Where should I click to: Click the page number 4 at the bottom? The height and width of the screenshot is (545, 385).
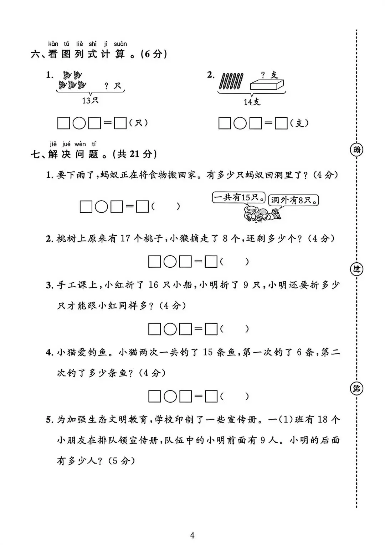click(192, 535)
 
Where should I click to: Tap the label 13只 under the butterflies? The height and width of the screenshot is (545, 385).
click(90, 101)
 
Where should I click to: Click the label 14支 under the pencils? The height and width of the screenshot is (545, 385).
click(252, 102)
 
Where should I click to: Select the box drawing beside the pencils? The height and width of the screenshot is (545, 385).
click(267, 85)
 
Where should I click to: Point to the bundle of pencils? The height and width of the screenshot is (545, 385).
click(232, 81)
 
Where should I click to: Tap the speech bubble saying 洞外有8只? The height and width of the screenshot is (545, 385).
click(294, 200)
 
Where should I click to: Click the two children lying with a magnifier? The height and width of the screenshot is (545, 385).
click(262, 213)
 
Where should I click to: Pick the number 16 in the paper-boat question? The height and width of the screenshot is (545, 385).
click(153, 285)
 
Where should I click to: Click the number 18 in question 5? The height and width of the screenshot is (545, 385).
click(322, 419)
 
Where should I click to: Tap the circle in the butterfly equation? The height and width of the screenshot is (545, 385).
click(79, 123)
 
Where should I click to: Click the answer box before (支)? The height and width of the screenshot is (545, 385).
click(281, 123)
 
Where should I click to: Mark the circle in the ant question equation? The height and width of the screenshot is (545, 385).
click(102, 207)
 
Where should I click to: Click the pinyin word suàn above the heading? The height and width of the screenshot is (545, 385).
click(120, 44)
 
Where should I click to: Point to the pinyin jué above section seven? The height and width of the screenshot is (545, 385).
click(66, 144)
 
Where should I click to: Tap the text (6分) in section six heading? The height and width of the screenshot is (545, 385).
click(154, 54)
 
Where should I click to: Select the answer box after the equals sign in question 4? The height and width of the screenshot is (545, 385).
click(211, 396)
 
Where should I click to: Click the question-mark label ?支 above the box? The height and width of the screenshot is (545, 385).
click(269, 75)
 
